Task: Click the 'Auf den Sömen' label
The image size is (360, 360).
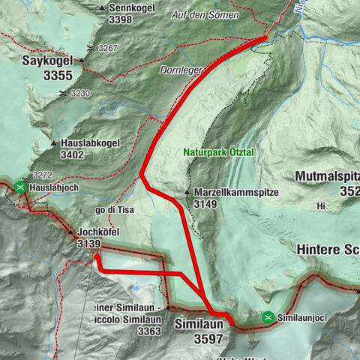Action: tap(205, 15)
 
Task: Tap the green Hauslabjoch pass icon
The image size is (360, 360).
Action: tap(19, 187)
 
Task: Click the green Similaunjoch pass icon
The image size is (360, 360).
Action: tap(268, 318)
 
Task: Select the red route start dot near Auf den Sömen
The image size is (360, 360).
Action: tap(265, 38)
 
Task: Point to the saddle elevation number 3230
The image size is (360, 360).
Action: tap(80, 94)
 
